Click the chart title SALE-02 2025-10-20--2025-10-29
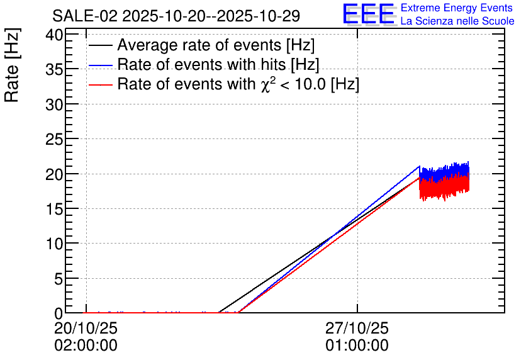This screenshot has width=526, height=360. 176,16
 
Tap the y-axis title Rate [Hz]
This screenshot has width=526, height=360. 12,65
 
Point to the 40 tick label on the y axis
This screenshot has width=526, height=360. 54,35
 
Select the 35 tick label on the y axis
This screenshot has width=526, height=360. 54,69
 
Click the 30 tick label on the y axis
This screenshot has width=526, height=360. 54,104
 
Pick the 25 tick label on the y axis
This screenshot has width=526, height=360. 54,139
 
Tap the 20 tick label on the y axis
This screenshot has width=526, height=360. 54,174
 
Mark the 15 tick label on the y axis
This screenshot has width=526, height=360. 54,209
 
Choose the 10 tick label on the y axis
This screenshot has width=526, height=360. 54,244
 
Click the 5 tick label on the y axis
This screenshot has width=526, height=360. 59,278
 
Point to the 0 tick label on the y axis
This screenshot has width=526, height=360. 59,313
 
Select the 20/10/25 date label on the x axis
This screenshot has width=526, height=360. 86,328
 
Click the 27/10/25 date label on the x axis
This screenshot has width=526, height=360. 357,328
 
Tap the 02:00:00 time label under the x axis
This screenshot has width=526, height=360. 86,345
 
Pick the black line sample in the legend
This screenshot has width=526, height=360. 101,45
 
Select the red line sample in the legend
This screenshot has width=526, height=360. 101,84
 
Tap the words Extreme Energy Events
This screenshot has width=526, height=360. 457,8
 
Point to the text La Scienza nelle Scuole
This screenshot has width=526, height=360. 457,21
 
